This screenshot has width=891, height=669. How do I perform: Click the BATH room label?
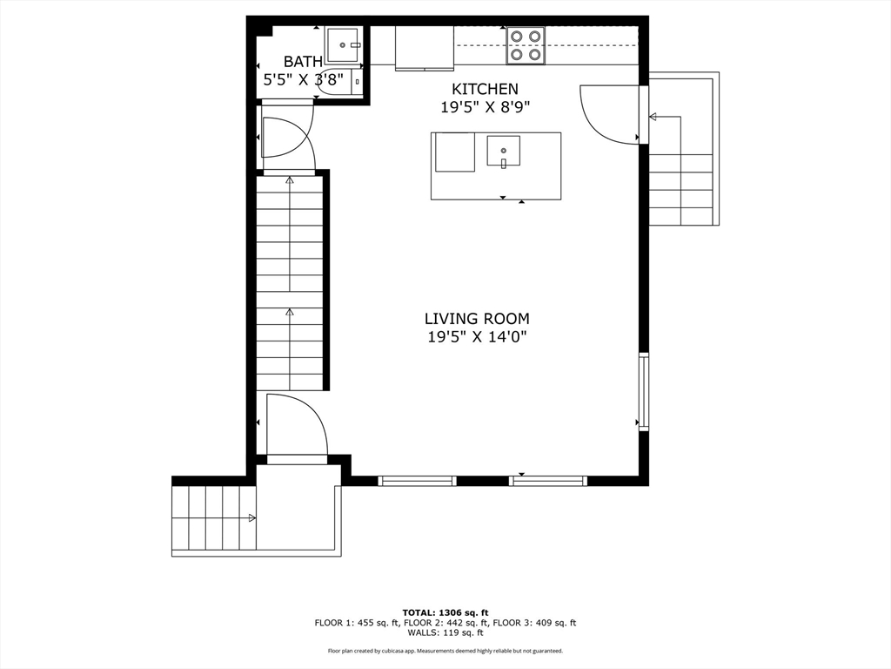pos(303,62)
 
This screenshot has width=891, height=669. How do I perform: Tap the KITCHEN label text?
pos(485,89)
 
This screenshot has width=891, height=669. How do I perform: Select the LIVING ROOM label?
pos(477,319)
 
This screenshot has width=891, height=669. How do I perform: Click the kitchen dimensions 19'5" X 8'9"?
pos(485,107)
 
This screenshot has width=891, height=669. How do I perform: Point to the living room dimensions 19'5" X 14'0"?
pos(477,337)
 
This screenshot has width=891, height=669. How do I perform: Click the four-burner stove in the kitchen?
pos(526,45)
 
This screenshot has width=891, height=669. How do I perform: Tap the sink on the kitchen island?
pos(503,152)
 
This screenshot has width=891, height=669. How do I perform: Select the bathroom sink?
pos(344,44)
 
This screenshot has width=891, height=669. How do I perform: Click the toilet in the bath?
pos(341,79)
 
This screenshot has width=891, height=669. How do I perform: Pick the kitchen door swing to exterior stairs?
pos(611,113)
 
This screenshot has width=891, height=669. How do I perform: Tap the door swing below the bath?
pos(285,138)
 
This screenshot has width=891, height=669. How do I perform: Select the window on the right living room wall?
pos(644,391)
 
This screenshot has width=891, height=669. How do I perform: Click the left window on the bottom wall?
pos(418,480)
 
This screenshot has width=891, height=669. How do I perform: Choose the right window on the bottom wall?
pos(548,480)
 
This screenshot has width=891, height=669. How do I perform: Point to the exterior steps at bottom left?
pos(213,517)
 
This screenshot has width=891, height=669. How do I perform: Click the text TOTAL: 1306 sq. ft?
pos(445,612)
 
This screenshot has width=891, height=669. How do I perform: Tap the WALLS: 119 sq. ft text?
pos(445,632)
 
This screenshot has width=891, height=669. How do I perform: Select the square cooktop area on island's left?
pos(455,152)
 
